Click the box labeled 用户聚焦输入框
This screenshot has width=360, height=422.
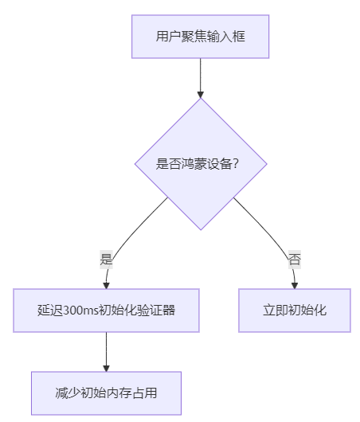(201, 37)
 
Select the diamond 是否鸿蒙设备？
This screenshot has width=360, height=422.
(200, 164)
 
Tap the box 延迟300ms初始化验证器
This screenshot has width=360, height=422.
(106, 311)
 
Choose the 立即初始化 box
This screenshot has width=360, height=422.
(295, 311)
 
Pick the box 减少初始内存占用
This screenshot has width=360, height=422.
(106, 393)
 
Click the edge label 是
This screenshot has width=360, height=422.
(106, 259)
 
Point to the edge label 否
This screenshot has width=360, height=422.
(294, 259)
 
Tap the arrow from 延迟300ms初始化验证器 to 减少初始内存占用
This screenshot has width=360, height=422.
(106, 350)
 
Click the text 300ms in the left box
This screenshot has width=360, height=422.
(78, 311)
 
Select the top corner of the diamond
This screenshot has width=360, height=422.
(200, 99)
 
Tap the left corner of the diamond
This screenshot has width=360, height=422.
(135, 164)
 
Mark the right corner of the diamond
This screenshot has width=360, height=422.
(265, 164)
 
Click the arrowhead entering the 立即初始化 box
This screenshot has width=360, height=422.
(295, 285)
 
